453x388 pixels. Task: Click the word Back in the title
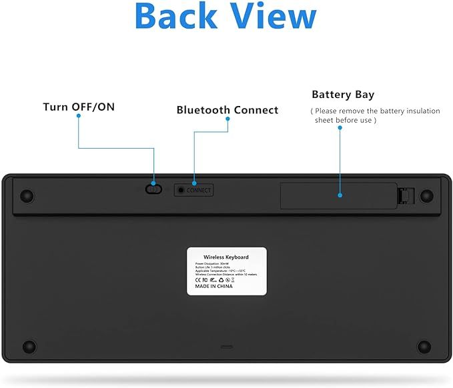[x=174, y=17]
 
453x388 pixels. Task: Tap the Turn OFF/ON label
[x=79, y=107]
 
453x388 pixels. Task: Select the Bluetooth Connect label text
[x=227, y=110]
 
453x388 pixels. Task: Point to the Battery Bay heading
[x=343, y=95]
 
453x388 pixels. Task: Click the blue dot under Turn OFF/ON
[x=79, y=116]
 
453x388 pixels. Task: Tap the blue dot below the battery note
[x=340, y=127]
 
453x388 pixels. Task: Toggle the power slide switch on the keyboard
[x=153, y=189]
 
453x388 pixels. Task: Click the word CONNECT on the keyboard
[x=199, y=191]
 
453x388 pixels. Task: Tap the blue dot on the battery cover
[x=340, y=196]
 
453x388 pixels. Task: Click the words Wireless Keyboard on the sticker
[x=225, y=257]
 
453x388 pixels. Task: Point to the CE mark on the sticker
[x=197, y=279]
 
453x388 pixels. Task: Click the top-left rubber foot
[x=27, y=196]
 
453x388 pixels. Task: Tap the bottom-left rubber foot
[x=29, y=347]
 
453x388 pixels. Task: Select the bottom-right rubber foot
[x=424, y=347]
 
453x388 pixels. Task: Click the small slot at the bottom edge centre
[x=227, y=347]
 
